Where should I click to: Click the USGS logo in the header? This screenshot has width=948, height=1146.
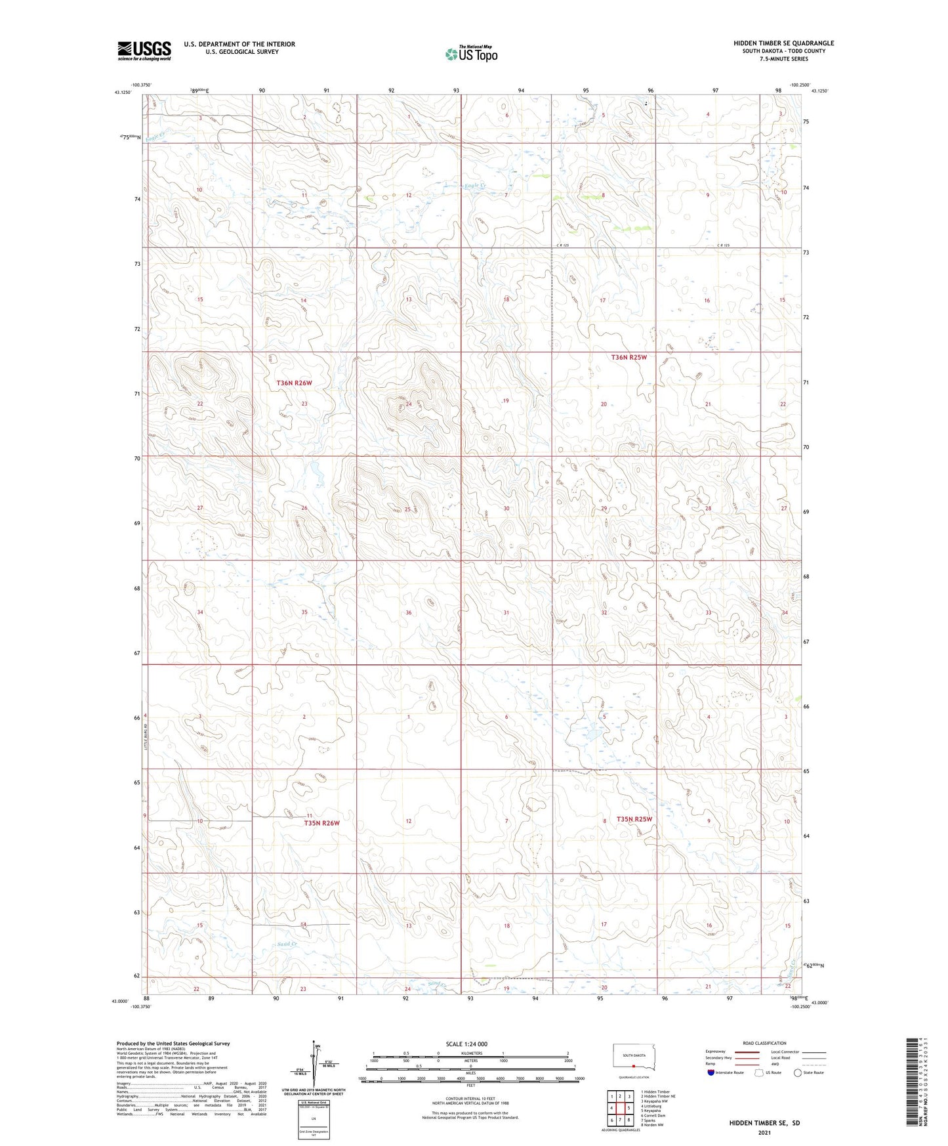[144, 50]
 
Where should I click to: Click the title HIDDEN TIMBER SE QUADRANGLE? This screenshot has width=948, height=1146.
[783, 43]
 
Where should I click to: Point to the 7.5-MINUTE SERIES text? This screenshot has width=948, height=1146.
[783, 59]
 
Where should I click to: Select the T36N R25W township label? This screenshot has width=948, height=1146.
[629, 358]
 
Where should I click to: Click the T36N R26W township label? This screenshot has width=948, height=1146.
[294, 383]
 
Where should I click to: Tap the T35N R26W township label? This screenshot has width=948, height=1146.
[321, 822]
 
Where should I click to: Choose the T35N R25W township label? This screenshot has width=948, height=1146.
[634, 819]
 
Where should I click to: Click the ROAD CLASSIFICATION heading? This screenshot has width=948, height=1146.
[764, 1043]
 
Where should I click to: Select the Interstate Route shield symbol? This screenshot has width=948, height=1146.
[712, 1072]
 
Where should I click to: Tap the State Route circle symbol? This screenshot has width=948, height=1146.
[798, 1072]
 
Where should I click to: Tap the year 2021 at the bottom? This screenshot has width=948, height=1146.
[764, 1132]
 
